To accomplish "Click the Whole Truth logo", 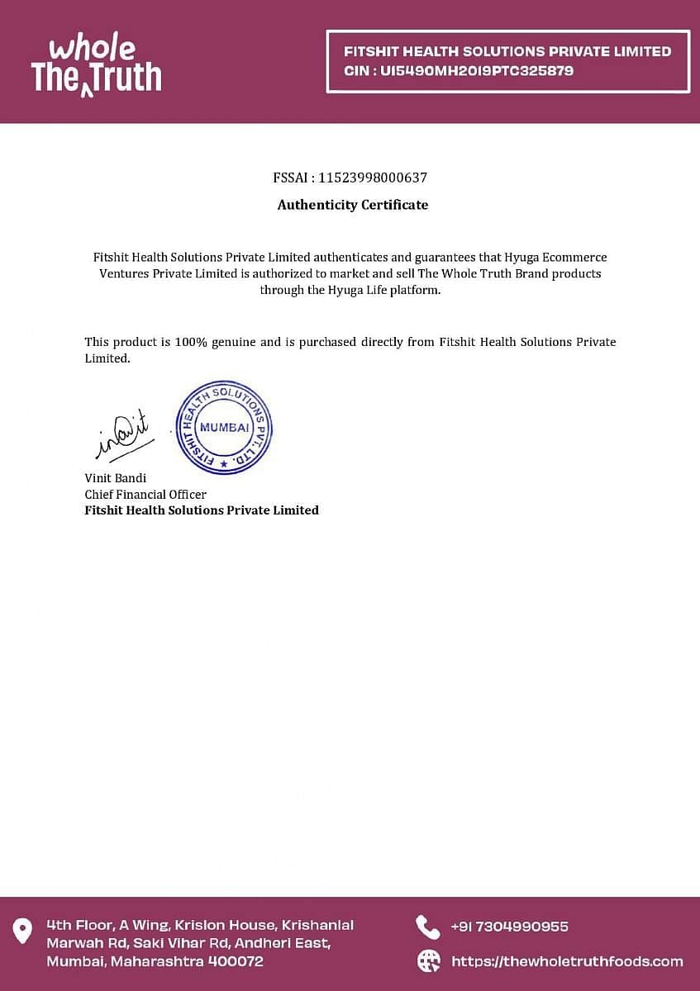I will point(96,64).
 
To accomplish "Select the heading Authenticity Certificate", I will point(353,205).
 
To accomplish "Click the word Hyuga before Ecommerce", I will point(522,258).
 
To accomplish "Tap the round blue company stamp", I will point(224,428).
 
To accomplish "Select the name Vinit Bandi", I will point(116,478).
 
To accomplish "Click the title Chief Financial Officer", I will point(145,494).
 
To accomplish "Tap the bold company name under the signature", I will point(202,510).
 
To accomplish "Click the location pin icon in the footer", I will point(22,930).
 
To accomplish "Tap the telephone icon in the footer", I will point(427,927).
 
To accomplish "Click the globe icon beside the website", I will point(428,960).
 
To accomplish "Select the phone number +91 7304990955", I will point(509,927).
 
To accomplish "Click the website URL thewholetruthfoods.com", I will point(567,961).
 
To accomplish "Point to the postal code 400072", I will point(236,961).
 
